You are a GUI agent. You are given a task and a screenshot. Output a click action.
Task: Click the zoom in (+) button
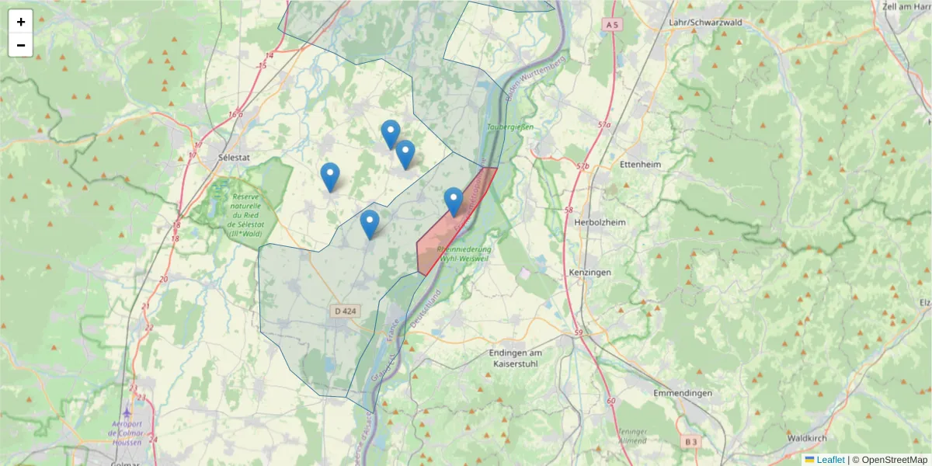tap(21, 22)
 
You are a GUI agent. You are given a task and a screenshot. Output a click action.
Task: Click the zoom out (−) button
tap(21, 45)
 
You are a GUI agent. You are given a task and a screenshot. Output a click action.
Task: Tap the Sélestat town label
tap(234, 157)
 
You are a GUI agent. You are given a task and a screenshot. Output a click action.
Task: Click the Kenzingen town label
tap(589, 273)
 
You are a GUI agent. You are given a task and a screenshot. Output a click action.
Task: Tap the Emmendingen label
tap(683, 393)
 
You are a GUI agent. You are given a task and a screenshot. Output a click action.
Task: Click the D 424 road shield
tap(345, 311)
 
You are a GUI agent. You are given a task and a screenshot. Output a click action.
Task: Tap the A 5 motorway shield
tap(613, 25)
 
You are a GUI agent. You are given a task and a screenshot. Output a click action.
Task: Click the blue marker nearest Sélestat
tap(330, 176)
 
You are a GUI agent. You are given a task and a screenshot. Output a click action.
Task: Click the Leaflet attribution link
tap(829, 460)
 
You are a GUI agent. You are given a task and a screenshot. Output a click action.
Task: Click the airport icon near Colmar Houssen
tap(127, 412)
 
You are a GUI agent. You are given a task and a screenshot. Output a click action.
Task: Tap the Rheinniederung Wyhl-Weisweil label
tap(464, 254)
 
